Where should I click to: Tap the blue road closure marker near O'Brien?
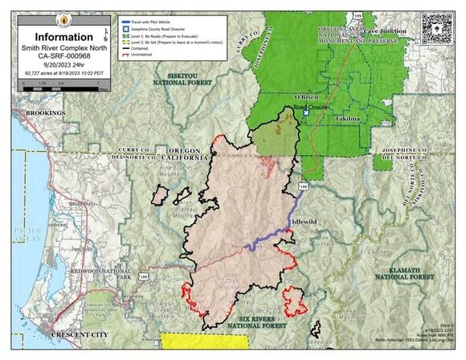[x=305, y=113]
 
